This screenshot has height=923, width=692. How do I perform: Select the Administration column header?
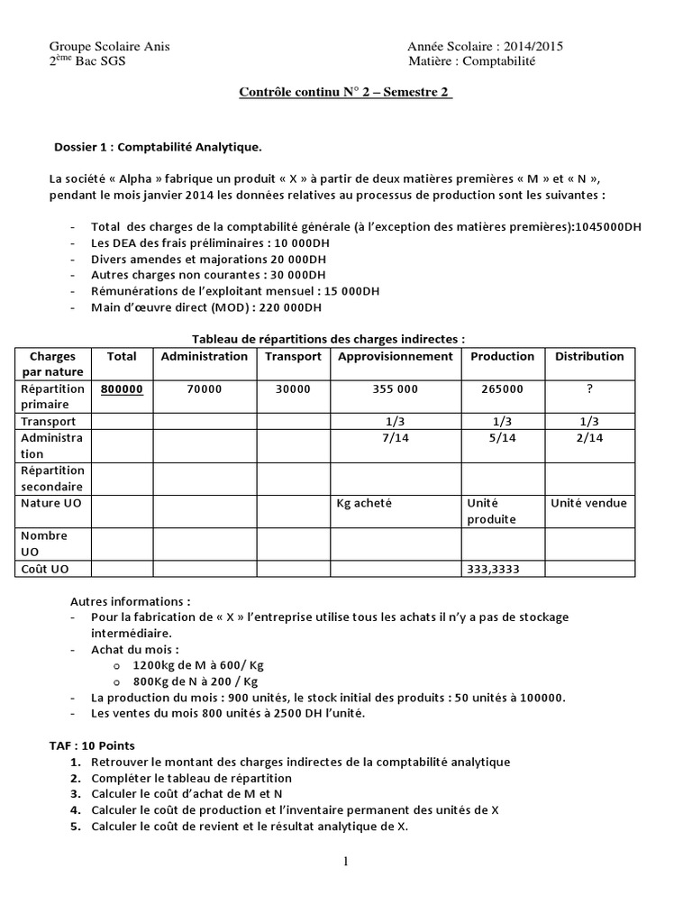(x=204, y=356)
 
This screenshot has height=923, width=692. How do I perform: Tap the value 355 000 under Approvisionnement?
(x=395, y=389)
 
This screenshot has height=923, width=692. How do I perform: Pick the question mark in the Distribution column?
(x=589, y=389)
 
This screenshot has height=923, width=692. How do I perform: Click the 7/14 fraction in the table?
(x=395, y=437)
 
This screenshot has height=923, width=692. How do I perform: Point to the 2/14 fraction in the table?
(x=589, y=437)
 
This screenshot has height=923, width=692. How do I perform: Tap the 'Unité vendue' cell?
(x=589, y=503)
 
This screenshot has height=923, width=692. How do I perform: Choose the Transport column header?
(x=293, y=356)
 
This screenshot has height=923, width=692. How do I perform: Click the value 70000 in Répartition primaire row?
(x=204, y=389)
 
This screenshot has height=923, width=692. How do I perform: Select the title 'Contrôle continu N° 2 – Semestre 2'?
(x=346, y=93)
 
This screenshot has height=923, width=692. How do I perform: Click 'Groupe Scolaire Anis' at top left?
(x=109, y=47)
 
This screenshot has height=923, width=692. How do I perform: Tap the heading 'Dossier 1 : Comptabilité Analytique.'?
(x=159, y=147)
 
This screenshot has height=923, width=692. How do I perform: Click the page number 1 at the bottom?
(x=345, y=862)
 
